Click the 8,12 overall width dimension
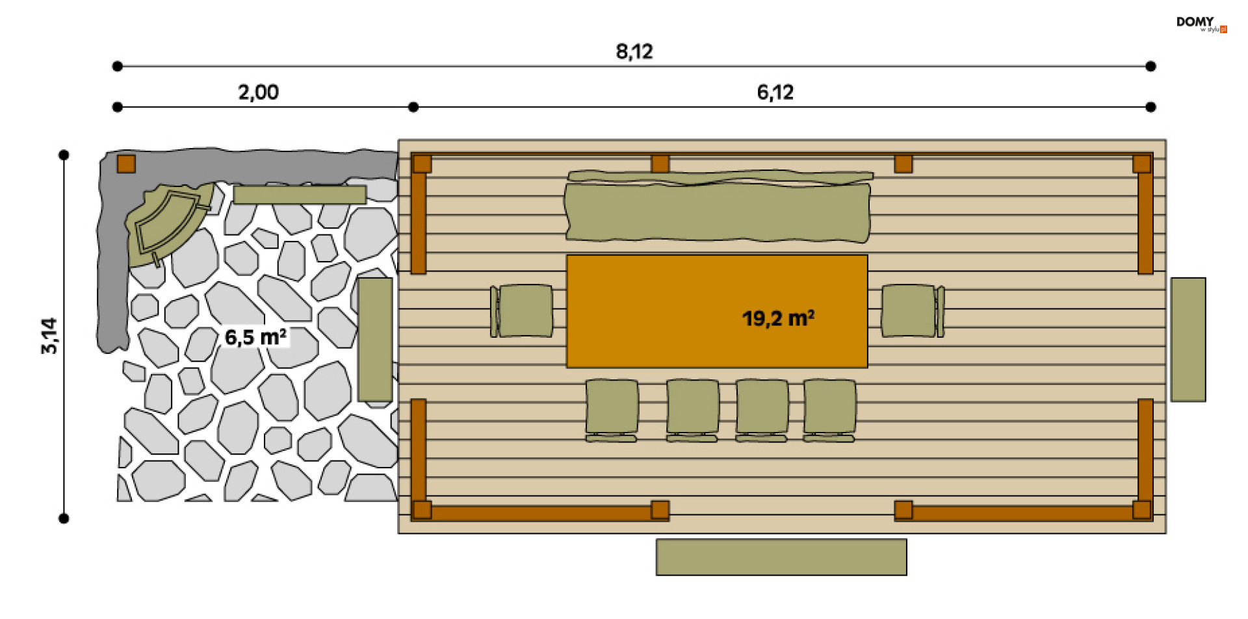coord(634,51)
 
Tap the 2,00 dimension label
coord(258,92)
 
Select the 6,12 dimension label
coord(775,92)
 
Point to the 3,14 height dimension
coord(49,336)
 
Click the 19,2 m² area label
coord(778,318)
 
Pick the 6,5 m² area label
coord(255,337)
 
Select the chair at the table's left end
coord(523,310)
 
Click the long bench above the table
coord(717,211)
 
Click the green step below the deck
coord(781,557)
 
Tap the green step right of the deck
coord(1188,339)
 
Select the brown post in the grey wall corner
coord(126,164)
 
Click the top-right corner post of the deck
coord(1141,164)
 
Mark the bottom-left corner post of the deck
coord(422,510)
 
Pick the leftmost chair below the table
coord(611,408)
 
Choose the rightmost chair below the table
coord(829,408)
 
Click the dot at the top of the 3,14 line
coord(64,155)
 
